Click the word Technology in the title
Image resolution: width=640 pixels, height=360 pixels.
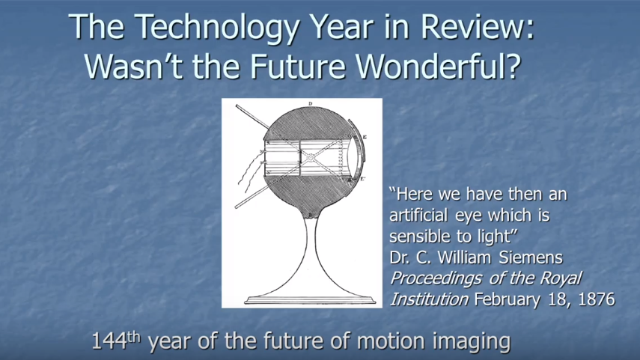(217, 28)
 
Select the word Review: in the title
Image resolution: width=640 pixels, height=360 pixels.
(477, 27)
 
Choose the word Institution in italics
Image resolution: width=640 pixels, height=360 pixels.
(430, 299)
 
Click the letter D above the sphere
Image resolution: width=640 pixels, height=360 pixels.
(310, 104)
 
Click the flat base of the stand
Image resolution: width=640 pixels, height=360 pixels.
(310, 301)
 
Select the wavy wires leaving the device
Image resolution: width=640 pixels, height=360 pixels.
(251, 171)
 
